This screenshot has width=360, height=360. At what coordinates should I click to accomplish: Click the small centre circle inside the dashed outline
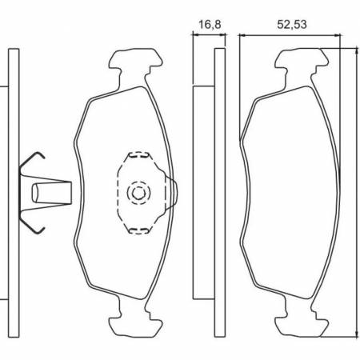(x=138, y=193)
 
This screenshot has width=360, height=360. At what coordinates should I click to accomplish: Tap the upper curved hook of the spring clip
(x=34, y=159)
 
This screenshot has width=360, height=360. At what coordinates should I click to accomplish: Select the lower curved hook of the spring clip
(x=34, y=225)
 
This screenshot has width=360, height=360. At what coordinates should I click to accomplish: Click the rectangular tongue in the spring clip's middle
(x=52, y=193)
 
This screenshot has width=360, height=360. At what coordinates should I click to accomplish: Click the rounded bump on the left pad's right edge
(x=170, y=193)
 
